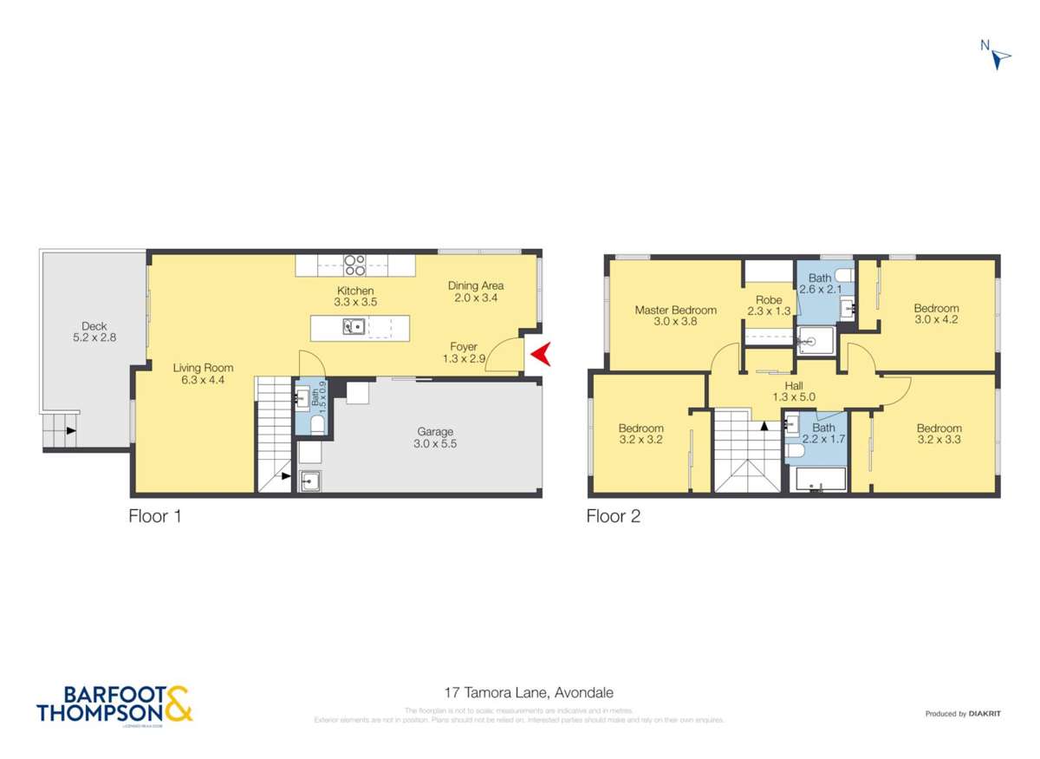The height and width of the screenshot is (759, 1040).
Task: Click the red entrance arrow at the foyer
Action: pos(541,353)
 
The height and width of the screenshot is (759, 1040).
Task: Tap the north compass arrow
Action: pos(1000,57)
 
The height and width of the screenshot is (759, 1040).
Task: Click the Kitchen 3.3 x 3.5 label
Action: pos(354,297)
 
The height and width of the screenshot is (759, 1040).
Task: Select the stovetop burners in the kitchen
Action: pos(354,264)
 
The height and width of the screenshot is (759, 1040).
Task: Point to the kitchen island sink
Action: pos(354,327)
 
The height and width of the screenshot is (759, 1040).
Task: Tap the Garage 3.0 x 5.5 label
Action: pos(435,437)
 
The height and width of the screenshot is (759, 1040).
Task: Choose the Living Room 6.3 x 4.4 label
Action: pos(202,373)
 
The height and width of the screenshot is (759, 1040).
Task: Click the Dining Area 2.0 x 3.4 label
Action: pos(475,291)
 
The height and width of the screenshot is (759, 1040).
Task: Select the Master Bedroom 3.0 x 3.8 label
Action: pos(675,316)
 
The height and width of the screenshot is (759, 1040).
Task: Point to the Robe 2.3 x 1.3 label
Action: pos(769,305)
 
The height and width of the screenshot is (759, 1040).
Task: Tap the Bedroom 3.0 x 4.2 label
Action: pos(936,313)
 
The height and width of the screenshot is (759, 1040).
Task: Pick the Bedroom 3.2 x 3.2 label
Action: pos(640,434)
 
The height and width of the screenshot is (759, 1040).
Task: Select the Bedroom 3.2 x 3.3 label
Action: pos(939,434)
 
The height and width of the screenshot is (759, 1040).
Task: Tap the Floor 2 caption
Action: pos(613,517)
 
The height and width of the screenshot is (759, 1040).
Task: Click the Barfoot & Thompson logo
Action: pos(114,703)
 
